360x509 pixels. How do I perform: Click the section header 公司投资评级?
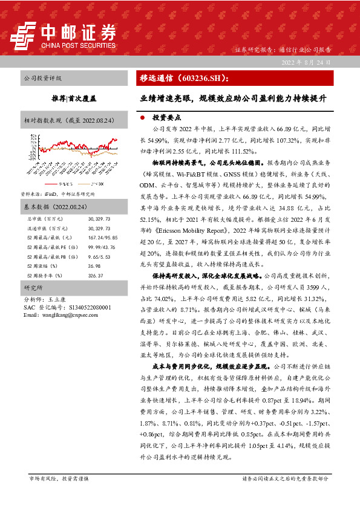42,79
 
